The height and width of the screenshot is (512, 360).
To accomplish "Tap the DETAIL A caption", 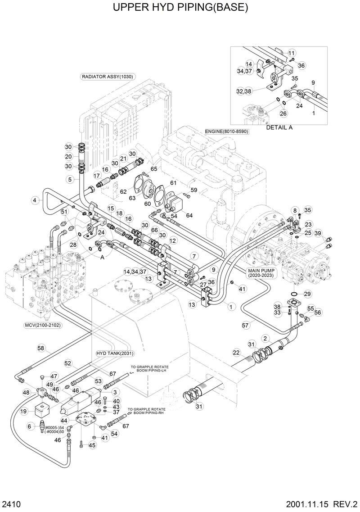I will click(x=279, y=127).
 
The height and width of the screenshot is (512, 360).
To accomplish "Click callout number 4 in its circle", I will click(x=34, y=199).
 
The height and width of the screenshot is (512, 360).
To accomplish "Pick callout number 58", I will click(x=41, y=348).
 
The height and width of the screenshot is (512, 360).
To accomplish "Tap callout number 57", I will click(x=245, y=324).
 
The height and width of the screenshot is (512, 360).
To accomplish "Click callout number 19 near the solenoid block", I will click(x=24, y=411).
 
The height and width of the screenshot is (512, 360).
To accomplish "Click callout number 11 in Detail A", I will click(x=291, y=53).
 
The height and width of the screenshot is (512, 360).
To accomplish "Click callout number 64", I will click(x=189, y=215).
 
